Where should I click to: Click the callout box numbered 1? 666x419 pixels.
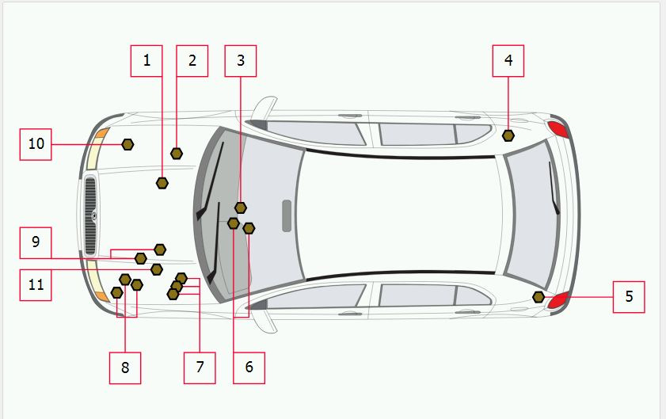(147, 61)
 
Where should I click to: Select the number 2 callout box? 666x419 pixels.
(192, 61)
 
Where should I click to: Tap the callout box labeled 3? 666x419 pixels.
(241, 61)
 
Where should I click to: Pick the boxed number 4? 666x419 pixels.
(508, 61)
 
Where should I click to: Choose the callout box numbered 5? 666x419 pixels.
(629, 297)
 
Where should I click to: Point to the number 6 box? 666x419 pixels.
(249, 368)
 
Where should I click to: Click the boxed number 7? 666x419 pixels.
(200, 368)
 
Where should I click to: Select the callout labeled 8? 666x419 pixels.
(125, 368)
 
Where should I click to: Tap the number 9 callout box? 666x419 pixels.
(36, 242)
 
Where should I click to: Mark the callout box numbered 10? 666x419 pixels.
(36, 144)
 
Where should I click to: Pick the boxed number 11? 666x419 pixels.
(36, 284)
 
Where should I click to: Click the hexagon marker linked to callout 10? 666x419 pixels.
(127, 144)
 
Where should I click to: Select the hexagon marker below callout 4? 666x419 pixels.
(508, 135)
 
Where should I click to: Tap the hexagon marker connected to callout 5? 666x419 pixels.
(539, 297)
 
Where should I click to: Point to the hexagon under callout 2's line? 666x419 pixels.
(177, 153)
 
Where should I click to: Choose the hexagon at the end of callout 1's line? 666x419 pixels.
(162, 183)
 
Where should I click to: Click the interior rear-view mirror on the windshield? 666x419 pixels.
(286, 215)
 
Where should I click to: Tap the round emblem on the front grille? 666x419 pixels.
(93, 215)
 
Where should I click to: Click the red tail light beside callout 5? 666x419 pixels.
(559, 299)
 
